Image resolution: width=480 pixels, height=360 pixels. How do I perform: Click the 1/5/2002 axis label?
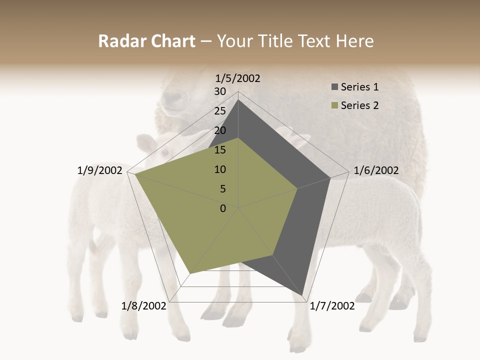click(237, 78)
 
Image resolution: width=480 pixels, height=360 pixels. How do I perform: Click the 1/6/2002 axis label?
click(376, 170)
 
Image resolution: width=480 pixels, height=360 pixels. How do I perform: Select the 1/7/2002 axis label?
click(332, 306)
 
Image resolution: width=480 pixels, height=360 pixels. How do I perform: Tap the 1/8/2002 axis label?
click(143, 306)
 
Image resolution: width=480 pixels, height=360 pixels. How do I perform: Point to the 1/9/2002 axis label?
click(100, 170)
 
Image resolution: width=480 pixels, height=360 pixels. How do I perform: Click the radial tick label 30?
click(220, 91)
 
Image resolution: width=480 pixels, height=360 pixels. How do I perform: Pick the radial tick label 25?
click(220, 111)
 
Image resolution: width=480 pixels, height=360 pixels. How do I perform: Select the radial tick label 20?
click(220, 130)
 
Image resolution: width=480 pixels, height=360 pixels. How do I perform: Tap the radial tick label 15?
click(220, 150)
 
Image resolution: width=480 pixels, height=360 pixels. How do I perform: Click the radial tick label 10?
click(220, 169)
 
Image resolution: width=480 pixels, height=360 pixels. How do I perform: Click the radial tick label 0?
click(223, 208)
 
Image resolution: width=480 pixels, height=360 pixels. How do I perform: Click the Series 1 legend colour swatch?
click(334, 87)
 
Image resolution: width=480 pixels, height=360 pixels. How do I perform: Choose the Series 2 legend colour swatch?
click(334, 105)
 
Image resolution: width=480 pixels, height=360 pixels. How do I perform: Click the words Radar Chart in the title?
click(146, 41)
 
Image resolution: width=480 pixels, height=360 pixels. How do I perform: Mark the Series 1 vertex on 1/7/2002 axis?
click(303, 295)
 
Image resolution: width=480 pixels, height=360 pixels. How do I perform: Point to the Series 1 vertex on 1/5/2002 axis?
click(238, 99)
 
